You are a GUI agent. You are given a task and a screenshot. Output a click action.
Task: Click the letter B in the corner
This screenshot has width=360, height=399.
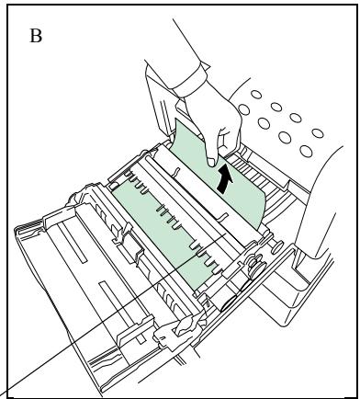click(x=36, y=36)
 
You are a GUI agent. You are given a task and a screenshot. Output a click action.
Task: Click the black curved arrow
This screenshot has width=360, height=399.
click(x=224, y=179)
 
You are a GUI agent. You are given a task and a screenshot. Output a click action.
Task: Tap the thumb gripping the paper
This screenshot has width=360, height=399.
click(x=210, y=156)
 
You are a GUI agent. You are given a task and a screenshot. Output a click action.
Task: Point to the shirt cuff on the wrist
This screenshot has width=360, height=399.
click(x=191, y=80)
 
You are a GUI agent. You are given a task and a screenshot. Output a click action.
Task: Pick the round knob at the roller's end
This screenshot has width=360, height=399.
click(x=276, y=247)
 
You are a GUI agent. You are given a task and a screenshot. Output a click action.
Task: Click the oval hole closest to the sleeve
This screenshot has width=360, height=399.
click(x=243, y=109)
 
